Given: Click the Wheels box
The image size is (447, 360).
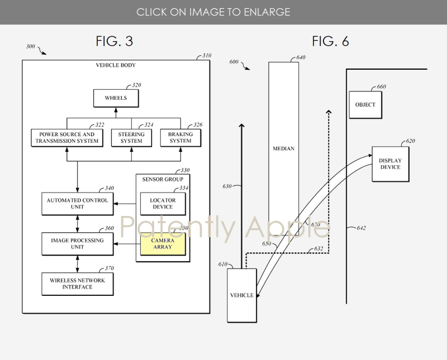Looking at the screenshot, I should tap(116, 98).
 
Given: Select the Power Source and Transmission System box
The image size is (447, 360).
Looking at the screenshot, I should tap(66, 138).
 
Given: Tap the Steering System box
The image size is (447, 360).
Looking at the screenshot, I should tap(131, 138).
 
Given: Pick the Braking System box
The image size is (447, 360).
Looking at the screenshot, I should tap(180, 138).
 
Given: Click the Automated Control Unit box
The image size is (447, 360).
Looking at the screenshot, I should tap(77, 204).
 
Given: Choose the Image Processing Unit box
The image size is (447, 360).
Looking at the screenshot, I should tap(77, 243).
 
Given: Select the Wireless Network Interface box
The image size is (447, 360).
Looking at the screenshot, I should tap(77, 284).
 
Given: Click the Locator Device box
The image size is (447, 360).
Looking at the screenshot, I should tap(163, 204).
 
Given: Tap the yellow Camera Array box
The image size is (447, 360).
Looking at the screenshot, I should tap(163, 244).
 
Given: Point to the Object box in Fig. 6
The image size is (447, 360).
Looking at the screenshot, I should tap(365, 104).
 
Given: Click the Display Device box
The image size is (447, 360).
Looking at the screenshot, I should tap(390, 164).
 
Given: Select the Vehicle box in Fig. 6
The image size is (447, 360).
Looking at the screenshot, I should tap(242, 295).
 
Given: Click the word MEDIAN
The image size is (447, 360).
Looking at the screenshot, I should tap(283, 149).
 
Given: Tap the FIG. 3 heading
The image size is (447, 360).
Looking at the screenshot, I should tap(114, 41).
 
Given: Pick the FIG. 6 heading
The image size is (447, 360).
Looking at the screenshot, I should tap(330, 41).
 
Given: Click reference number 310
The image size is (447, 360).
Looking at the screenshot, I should tap(207, 56).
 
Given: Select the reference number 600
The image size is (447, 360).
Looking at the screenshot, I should tap(234, 62).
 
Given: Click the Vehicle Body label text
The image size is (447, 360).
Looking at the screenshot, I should tap(116, 65).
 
